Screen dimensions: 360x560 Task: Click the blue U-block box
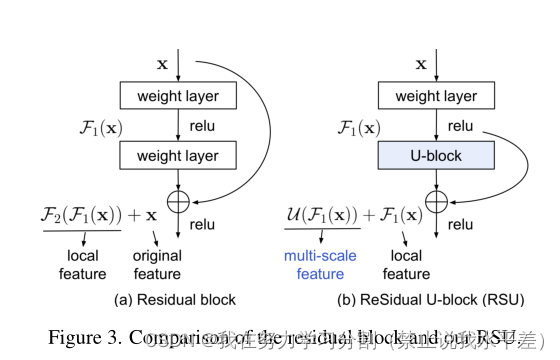point(435,155)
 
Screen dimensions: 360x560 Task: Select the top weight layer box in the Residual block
point(179,97)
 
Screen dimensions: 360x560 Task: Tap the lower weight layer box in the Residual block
point(179,155)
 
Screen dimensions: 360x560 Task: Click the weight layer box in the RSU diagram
point(435,97)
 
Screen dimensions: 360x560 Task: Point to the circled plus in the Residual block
point(179,201)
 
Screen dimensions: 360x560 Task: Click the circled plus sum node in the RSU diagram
point(435,201)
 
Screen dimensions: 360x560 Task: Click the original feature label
point(158,266)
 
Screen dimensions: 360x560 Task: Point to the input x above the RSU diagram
point(420,63)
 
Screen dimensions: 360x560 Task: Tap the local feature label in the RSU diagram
point(406,266)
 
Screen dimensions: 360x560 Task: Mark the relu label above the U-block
point(460,127)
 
